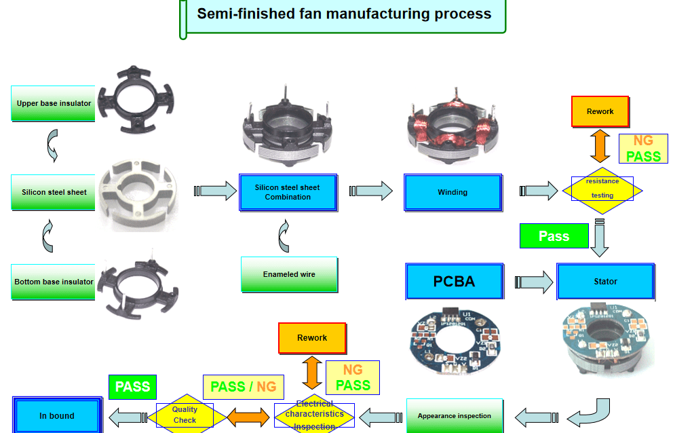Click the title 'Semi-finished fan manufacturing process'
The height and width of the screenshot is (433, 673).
(344, 14)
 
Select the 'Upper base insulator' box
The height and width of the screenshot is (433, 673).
(54, 103)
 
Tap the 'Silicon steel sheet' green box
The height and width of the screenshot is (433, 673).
(54, 192)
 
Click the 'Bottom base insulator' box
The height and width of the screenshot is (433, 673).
(54, 282)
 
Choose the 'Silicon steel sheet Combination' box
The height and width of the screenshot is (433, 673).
(288, 192)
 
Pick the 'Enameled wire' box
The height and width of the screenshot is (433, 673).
(289, 274)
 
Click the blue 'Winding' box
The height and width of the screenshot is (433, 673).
(453, 192)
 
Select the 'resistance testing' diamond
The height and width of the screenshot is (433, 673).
(602, 189)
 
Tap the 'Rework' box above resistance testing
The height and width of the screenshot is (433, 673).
(600, 111)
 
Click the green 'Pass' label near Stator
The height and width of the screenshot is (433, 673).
(554, 236)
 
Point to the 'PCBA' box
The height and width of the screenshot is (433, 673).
(455, 281)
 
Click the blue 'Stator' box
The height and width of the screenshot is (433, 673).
(606, 281)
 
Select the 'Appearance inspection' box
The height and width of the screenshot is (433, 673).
(455, 415)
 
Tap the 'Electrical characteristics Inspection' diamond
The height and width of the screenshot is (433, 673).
(314, 414)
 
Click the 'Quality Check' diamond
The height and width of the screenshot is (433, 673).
(185, 415)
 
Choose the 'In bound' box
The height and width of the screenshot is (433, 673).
(57, 415)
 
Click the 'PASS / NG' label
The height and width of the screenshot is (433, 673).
(244, 387)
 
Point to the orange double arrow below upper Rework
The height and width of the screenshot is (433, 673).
(600, 146)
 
